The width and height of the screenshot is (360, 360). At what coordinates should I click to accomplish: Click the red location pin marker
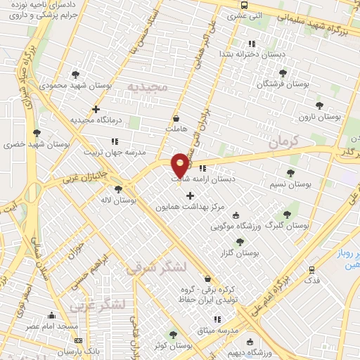[x=181, y=164]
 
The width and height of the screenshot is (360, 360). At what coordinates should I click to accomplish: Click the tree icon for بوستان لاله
[x=117, y=188]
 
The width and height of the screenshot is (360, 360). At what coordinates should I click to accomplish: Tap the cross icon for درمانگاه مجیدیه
[x=96, y=109]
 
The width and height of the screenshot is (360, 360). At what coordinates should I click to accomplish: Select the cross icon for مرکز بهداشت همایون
[x=190, y=195]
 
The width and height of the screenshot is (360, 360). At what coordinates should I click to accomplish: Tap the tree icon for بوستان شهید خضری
[x=37, y=132]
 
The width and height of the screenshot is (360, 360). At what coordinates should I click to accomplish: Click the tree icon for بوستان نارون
[x=320, y=105]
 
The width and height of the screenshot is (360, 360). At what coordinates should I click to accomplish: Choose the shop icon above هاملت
[x=175, y=119]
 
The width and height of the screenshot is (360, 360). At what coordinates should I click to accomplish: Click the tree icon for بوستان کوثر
[x=173, y=335]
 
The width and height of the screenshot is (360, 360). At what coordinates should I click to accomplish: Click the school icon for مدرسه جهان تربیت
[x=115, y=142]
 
